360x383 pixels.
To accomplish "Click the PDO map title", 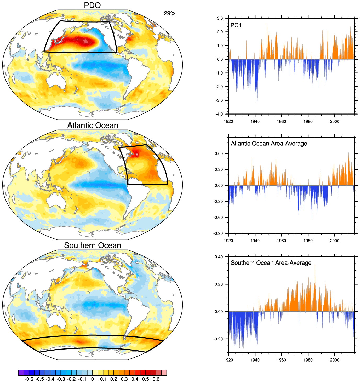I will (x=92, y=5).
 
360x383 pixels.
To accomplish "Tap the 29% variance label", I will (x=170, y=13).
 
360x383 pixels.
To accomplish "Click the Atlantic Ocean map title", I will (x=93, y=125).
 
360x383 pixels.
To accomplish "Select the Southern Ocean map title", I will (x=93, y=245).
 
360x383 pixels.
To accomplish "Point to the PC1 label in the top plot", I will (x=236, y=25).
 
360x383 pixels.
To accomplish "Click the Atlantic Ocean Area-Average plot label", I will (x=269, y=144).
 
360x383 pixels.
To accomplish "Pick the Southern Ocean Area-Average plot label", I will (x=271, y=263).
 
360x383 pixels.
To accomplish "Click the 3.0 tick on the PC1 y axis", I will (x=220, y=18).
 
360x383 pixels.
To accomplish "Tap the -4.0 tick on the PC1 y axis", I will (x=219, y=114).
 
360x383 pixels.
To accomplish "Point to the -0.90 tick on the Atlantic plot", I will (x=219, y=233).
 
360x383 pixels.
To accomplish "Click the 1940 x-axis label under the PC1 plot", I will (x=255, y=121).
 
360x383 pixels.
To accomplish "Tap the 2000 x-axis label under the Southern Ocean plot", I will (x=334, y=360).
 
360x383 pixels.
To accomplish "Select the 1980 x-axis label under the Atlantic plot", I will (x=308, y=241).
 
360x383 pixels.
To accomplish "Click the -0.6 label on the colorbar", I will (x=28, y=379).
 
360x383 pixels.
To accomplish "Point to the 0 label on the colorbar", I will (x=93, y=379).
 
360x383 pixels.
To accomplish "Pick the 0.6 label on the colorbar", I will (x=156, y=379).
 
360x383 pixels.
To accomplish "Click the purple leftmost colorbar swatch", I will (x=21, y=373).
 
